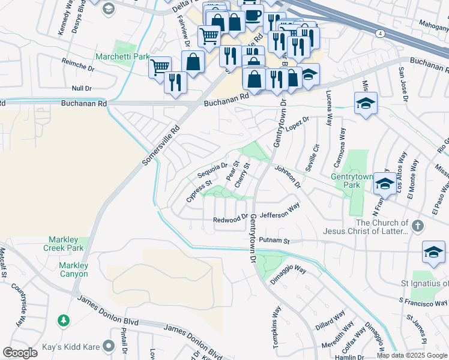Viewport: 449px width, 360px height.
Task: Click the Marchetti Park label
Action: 122,57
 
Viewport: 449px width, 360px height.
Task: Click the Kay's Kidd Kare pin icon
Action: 109,346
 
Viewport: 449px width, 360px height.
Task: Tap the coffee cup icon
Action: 253,14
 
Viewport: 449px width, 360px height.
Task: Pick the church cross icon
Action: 418,227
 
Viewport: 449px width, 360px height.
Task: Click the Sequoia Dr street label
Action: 213,170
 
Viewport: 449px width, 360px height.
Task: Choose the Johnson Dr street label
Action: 287,176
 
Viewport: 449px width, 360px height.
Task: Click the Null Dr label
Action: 80,88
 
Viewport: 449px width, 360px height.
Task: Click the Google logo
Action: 20,353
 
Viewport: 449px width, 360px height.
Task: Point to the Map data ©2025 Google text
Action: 412,355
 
